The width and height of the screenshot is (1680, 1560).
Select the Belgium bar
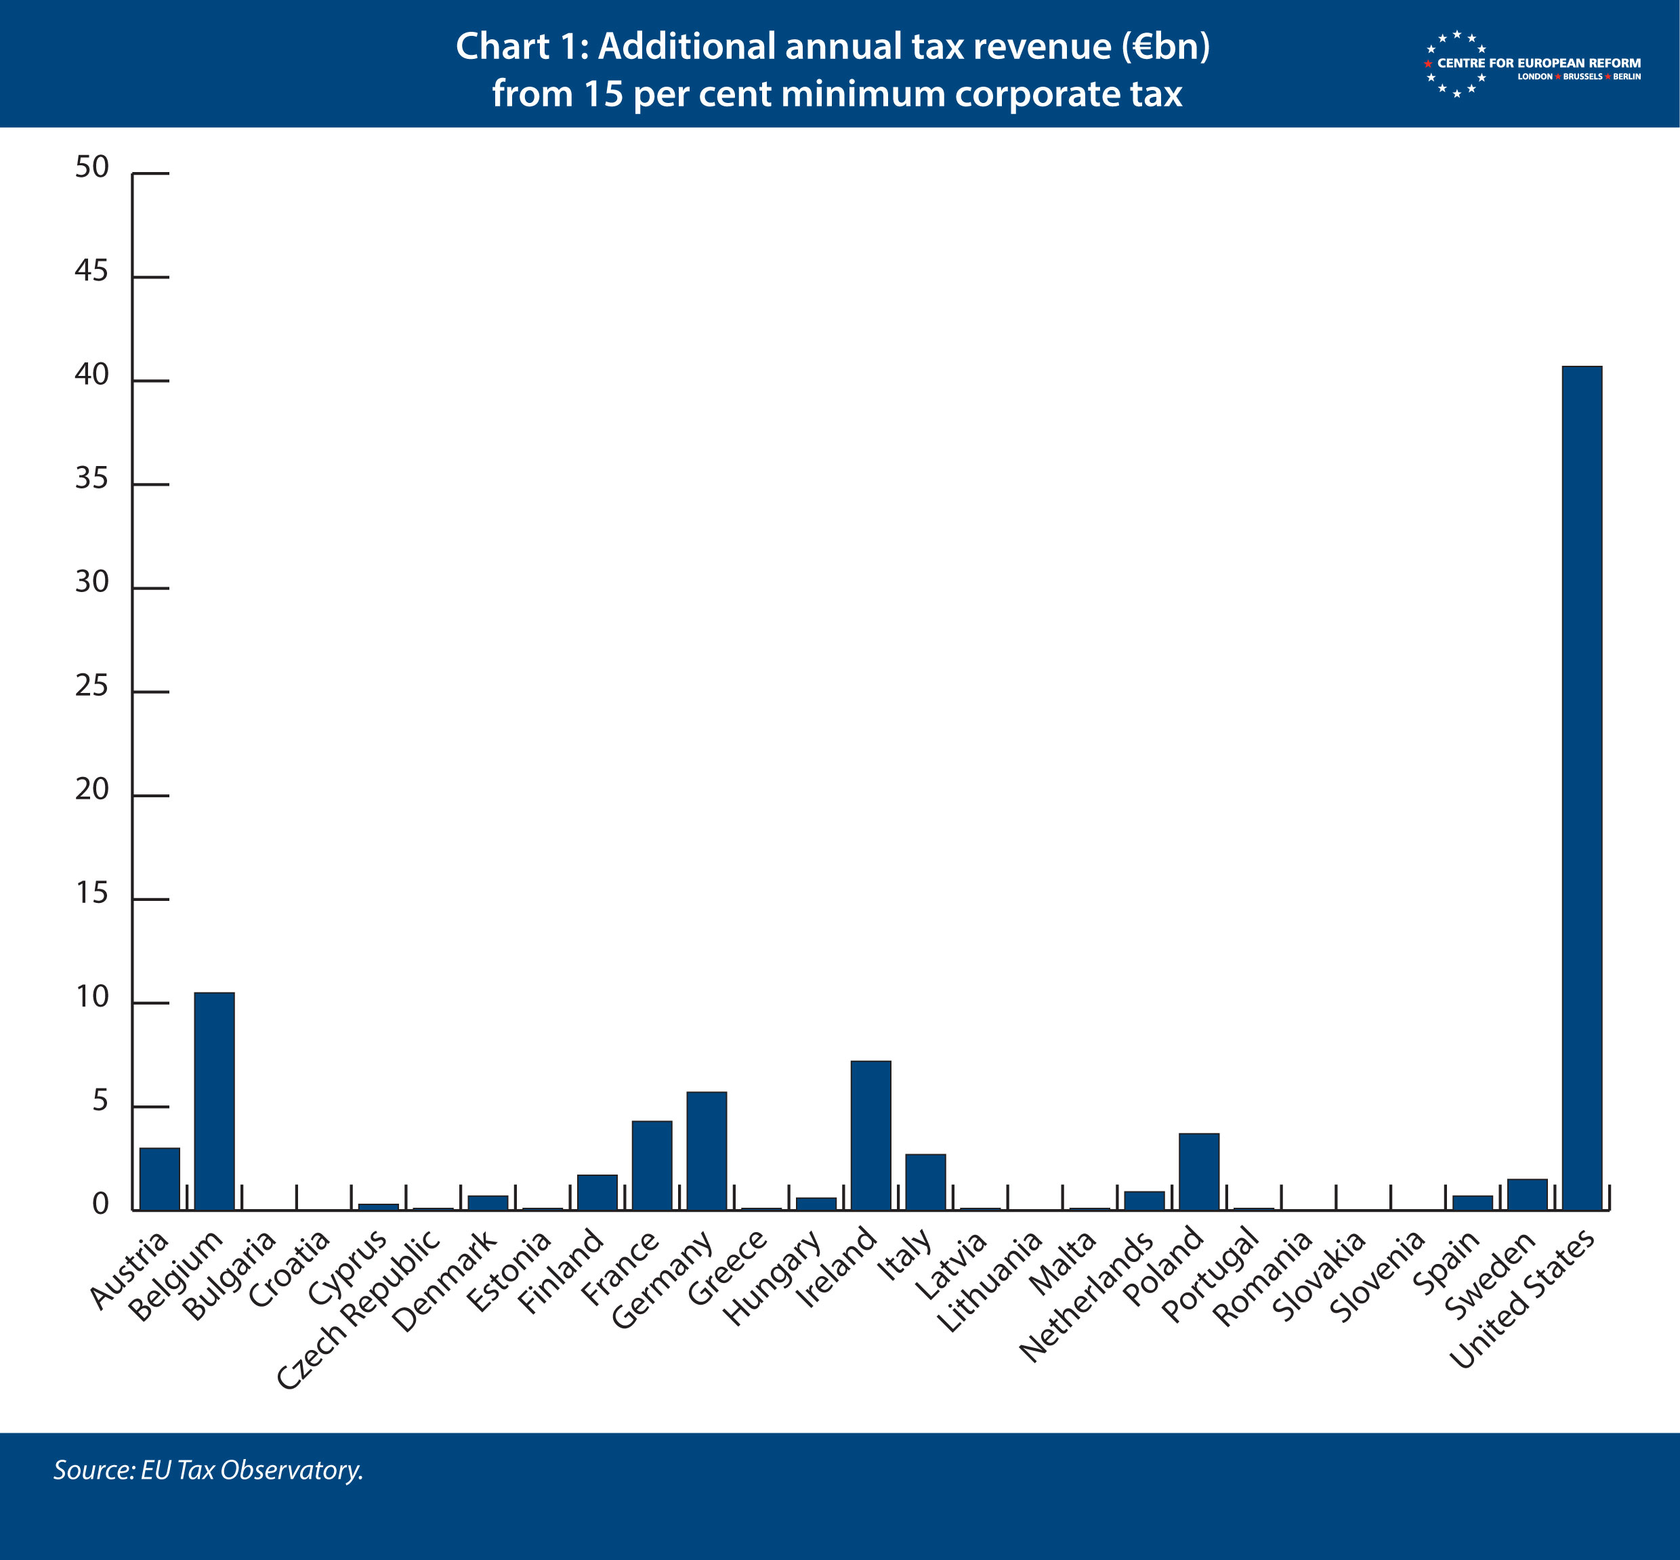click(x=215, y=1101)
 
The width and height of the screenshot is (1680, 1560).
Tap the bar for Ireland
click(x=870, y=1135)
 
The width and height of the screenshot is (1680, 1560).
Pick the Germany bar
click(x=707, y=1151)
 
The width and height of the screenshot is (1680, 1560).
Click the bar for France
click(x=652, y=1165)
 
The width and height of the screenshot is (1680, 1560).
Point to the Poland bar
click(x=1199, y=1172)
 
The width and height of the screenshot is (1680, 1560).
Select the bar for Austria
click(x=160, y=1179)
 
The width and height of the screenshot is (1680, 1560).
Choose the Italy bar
click(x=925, y=1182)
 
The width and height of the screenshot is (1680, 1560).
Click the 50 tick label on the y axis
click(x=92, y=167)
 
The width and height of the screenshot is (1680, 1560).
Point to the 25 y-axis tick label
click(x=92, y=686)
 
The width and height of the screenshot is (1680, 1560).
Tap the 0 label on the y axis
click(x=100, y=1204)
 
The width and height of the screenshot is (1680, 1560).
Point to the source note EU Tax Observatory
click(x=209, y=1470)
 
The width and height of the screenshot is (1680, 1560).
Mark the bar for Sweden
click(x=1527, y=1194)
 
